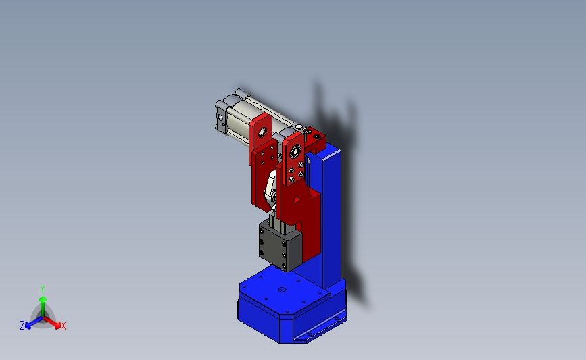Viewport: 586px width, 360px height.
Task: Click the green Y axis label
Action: coord(43,290)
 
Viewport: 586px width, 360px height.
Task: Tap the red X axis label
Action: coord(63,326)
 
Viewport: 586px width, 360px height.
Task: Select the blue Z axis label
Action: coord(22,326)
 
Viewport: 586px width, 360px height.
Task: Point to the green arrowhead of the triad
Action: coord(43,299)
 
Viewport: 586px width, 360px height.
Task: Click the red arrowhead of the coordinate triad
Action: coord(57,326)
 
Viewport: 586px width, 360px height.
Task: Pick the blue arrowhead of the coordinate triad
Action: coord(28,326)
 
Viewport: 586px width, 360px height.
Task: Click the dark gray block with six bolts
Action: coord(280,245)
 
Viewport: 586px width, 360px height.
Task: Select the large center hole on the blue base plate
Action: coord(283,290)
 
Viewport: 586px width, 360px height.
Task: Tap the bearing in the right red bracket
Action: coord(295,151)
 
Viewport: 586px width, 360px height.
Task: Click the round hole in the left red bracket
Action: coord(262,132)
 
